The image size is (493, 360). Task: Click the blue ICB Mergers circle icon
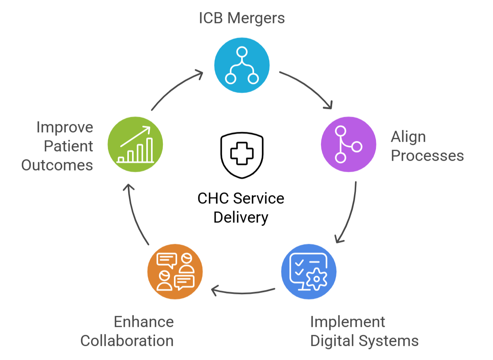pyautogui.click(x=242, y=66)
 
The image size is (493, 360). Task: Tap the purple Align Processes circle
pyautogui.click(x=348, y=145)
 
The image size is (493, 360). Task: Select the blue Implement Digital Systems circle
pyautogui.click(x=309, y=272)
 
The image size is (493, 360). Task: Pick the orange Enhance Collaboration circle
pyautogui.click(x=175, y=272)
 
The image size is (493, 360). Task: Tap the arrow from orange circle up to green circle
pyautogui.click(x=134, y=214)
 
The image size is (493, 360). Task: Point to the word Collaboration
pyautogui.click(x=127, y=341)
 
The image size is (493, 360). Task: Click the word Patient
pyautogui.click(x=68, y=146)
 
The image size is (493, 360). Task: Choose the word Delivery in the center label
pyautogui.click(x=241, y=217)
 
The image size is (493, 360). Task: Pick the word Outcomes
pyautogui.click(x=57, y=165)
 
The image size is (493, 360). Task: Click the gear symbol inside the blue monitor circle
pyautogui.click(x=316, y=279)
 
